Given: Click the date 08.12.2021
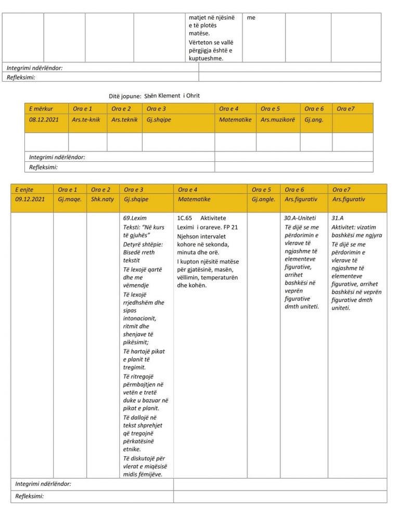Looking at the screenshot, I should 42,120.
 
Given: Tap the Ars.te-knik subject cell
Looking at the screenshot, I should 86,120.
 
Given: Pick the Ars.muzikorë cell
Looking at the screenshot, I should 277,120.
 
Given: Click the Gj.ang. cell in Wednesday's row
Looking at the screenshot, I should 314,120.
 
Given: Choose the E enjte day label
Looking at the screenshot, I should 24,190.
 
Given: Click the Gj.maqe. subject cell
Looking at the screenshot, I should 70,199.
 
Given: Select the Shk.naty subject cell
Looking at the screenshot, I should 102,199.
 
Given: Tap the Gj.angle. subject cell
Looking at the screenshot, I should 264,199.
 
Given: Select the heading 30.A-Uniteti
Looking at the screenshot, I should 300,218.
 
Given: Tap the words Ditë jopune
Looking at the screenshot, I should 125,97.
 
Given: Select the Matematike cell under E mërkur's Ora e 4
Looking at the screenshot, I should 235,120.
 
